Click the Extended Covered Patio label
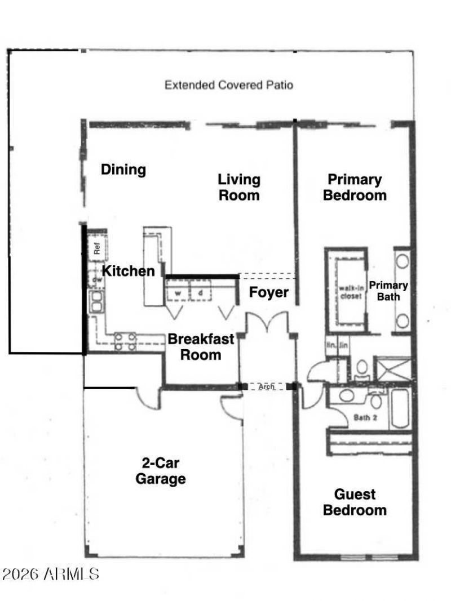tap(228, 86)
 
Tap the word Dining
tap(123, 170)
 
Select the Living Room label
tap(239, 188)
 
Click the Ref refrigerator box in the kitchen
tap(96, 248)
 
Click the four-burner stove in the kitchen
tap(125, 341)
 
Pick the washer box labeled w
tap(177, 293)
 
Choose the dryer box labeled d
tap(200, 293)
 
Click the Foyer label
tap(269, 293)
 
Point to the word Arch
tap(266, 387)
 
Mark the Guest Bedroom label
tap(355, 502)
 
